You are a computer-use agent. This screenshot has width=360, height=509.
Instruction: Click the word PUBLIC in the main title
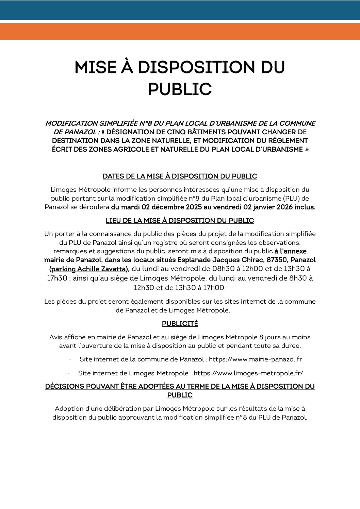pos(180,89)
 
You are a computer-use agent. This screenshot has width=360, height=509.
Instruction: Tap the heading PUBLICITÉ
pos(180,324)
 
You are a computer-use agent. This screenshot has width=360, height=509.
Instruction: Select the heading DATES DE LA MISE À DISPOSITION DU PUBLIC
pos(180,176)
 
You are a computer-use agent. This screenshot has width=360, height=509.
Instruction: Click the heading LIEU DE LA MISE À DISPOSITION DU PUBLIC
pos(180,220)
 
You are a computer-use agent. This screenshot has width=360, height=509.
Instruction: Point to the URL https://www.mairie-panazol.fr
pos(255,359)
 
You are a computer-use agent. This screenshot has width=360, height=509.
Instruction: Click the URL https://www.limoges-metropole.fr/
pos(248,373)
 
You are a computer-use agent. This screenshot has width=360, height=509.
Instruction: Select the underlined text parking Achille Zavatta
pos(89,269)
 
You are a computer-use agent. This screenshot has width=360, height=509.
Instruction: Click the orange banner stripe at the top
pos(180,31)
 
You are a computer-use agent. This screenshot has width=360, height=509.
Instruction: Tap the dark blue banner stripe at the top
pos(180,10)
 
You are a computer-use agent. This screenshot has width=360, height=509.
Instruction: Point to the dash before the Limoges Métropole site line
pos(69,373)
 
